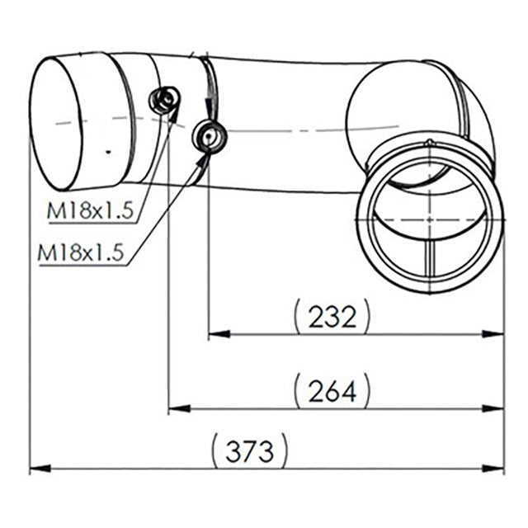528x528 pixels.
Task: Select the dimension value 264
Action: [332, 391]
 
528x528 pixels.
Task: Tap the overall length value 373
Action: [250, 451]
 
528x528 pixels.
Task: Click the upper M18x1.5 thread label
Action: [90, 212]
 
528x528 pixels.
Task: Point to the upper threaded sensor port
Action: [162, 101]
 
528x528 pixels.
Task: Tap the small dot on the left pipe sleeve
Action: [106, 152]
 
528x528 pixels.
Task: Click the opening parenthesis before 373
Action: [215, 451]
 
